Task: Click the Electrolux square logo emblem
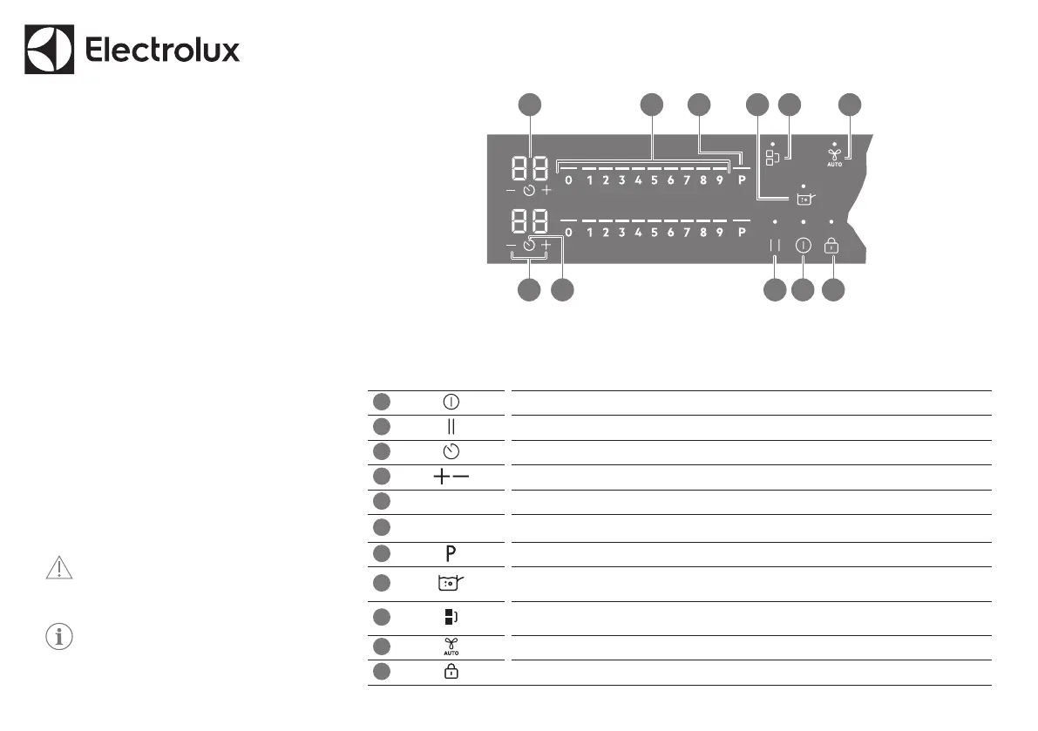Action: pos(51,50)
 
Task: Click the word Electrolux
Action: pos(163,51)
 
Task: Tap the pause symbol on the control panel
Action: pos(775,247)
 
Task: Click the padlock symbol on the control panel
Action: pos(832,247)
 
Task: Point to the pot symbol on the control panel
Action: pos(804,199)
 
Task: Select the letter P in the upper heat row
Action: pos(742,181)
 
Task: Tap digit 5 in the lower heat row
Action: pos(654,233)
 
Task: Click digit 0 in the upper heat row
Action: pos(568,181)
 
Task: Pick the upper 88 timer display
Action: pos(529,168)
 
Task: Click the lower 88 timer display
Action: pos(529,220)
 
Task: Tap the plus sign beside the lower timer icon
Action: pos(546,247)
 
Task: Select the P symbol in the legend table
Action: pos(451,553)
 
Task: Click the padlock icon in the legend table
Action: pos(451,673)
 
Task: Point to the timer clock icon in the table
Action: pos(451,451)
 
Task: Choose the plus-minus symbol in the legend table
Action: pos(451,477)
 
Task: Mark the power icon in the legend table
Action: pos(451,402)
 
